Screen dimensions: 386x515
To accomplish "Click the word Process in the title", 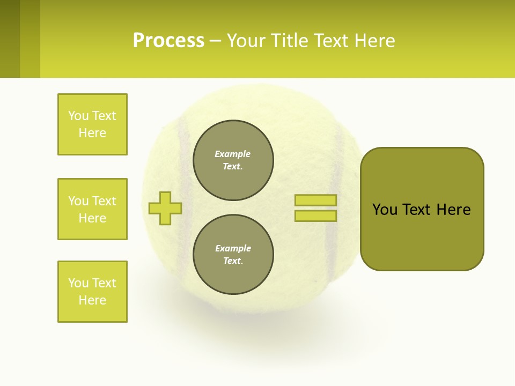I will pyautogui.click(x=168, y=41).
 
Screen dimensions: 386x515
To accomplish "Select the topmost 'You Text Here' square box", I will pyautogui.click(x=92, y=124).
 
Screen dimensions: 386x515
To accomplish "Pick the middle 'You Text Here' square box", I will pyautogui.click(x=92, y=209).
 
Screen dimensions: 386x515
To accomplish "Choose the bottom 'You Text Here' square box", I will pyautogui.click(x=92, y=292).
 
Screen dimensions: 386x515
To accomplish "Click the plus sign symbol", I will pyautogui.click(x=165, y=208).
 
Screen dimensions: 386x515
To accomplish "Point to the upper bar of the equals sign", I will pyautogui.click(x=315, y=200).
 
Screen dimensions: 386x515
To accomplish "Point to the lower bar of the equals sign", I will pyautogui.click(x=315, y=216).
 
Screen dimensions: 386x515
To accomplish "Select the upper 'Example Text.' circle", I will pyautogui.click(x=233, y=160).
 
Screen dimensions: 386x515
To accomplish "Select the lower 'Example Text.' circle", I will pyautogui.click(x=233, y=255).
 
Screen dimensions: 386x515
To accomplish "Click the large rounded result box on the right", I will pyautogui.click(x=422, y=236).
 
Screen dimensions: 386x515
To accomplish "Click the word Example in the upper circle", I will pyautogui.click(x=233, y=154).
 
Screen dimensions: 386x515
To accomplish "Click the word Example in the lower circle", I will pyautogui.click(x=233, y=248).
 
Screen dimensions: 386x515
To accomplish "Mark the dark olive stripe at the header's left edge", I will pyautogui.click(x=10, y=39).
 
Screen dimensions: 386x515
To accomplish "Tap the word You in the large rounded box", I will pyautogui.click(x=385, y=210).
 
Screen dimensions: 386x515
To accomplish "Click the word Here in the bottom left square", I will pyautogui.click(x=92, y=300).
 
